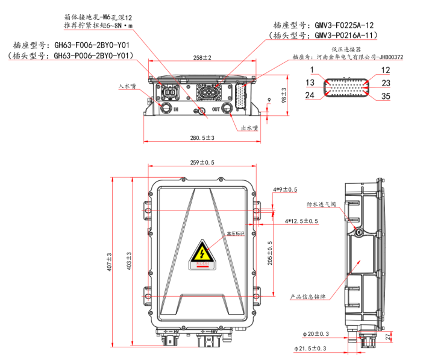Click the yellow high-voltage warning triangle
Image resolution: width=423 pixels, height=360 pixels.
(x=201, y=253)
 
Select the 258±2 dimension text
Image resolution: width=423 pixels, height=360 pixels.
(x=202, y=58)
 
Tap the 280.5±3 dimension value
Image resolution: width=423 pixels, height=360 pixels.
(x=202, y=138)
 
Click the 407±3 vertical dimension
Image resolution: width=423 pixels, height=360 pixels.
(x=109, y=261)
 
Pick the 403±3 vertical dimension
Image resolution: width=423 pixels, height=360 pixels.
(x=129, y=261)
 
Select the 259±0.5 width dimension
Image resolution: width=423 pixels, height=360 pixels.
(x=202, y=163)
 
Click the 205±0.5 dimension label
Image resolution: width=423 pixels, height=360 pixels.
(x=270, y=253)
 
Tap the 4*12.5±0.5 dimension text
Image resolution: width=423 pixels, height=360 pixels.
(x=301, y=221)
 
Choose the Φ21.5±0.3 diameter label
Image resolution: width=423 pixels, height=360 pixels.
(x=310, y=349)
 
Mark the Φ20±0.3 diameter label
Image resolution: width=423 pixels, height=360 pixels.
(x=316, y=333)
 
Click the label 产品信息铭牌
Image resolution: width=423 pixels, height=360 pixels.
(x=307, y=297)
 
